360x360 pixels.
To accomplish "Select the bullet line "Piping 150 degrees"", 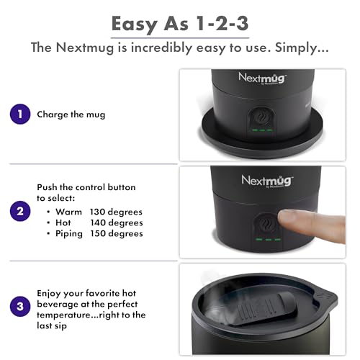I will [x=98, y=233].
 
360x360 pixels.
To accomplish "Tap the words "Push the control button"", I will [x=86, y=187].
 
